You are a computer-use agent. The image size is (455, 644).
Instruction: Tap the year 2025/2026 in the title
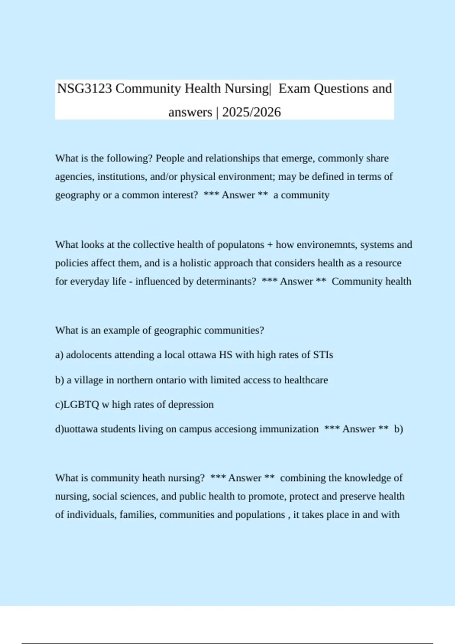tap(251, 112)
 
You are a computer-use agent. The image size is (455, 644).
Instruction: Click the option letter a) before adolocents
tap(59, 355)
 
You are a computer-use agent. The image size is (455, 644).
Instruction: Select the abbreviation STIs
tap(323, 355)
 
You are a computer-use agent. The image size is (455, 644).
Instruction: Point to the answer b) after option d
tap(399, 429)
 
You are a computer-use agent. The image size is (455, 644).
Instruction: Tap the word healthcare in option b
tap(306, 380)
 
